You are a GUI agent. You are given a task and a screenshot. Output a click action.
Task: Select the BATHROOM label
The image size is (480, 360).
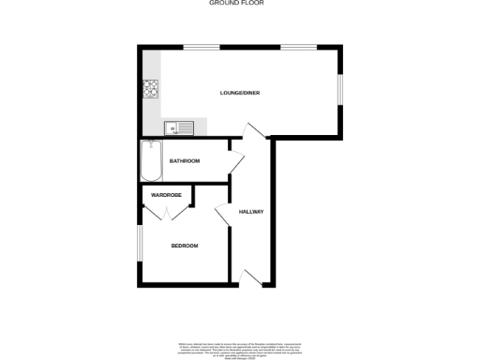[x=185, y=161]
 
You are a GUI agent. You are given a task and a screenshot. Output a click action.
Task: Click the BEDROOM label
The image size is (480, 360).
[x=184, y=246]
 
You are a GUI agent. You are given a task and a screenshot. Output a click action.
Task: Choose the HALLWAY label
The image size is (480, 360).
[x=250, y=212]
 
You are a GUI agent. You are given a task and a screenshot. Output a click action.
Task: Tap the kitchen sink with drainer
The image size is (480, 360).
[x=177, y=127]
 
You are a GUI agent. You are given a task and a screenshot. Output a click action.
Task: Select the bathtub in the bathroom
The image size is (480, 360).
[x=150, y=160]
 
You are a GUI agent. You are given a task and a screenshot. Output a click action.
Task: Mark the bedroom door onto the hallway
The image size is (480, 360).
[x=223, y=214]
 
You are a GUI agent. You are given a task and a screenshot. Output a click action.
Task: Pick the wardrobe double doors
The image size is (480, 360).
[x=166, y=213]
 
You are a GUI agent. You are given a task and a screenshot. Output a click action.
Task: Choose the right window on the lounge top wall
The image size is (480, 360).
[x=296, y=46]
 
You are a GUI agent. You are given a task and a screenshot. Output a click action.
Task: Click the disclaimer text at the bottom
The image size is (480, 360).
[x=240, y=350]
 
